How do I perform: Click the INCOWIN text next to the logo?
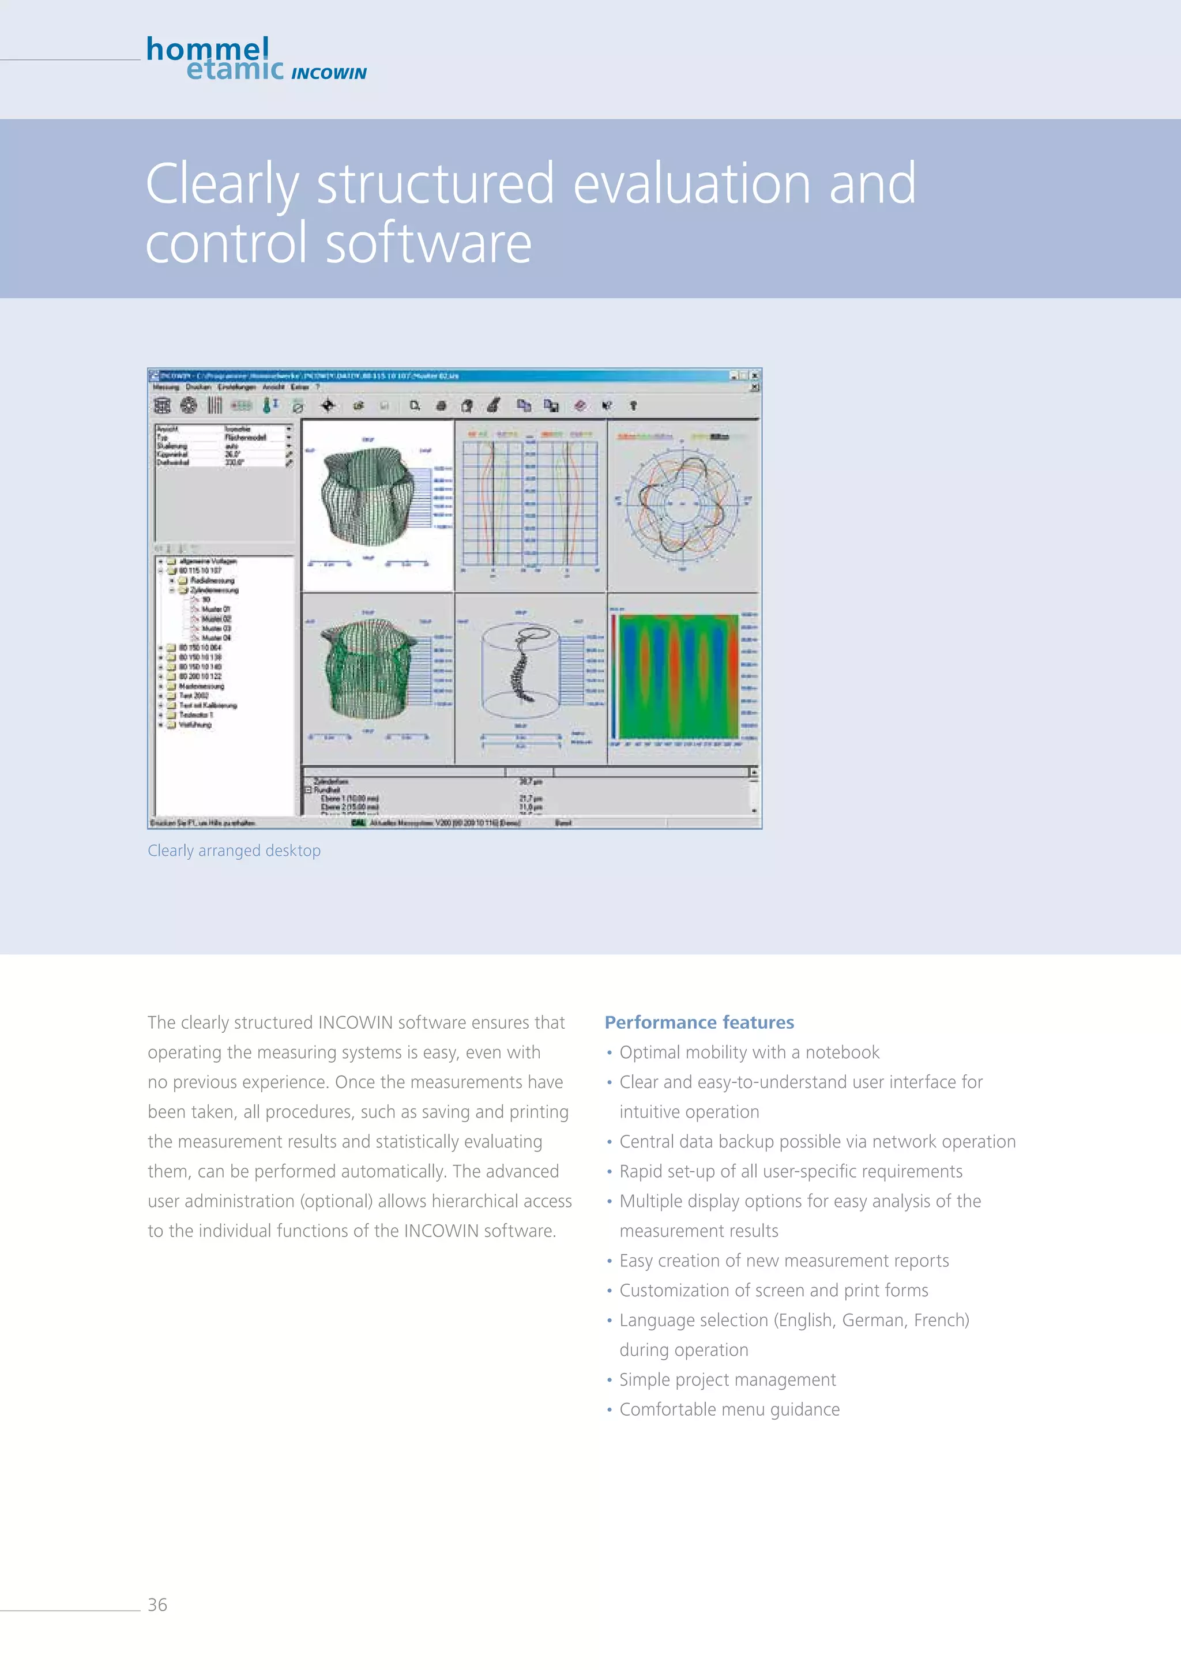(329, 73)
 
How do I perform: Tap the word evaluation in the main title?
(691, 183)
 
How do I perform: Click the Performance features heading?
(699, 1022)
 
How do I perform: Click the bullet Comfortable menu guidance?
(729, 1409)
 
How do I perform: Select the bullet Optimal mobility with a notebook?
(749, 1052)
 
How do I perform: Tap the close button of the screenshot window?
(755, 375)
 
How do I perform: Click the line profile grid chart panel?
(530, 503)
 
